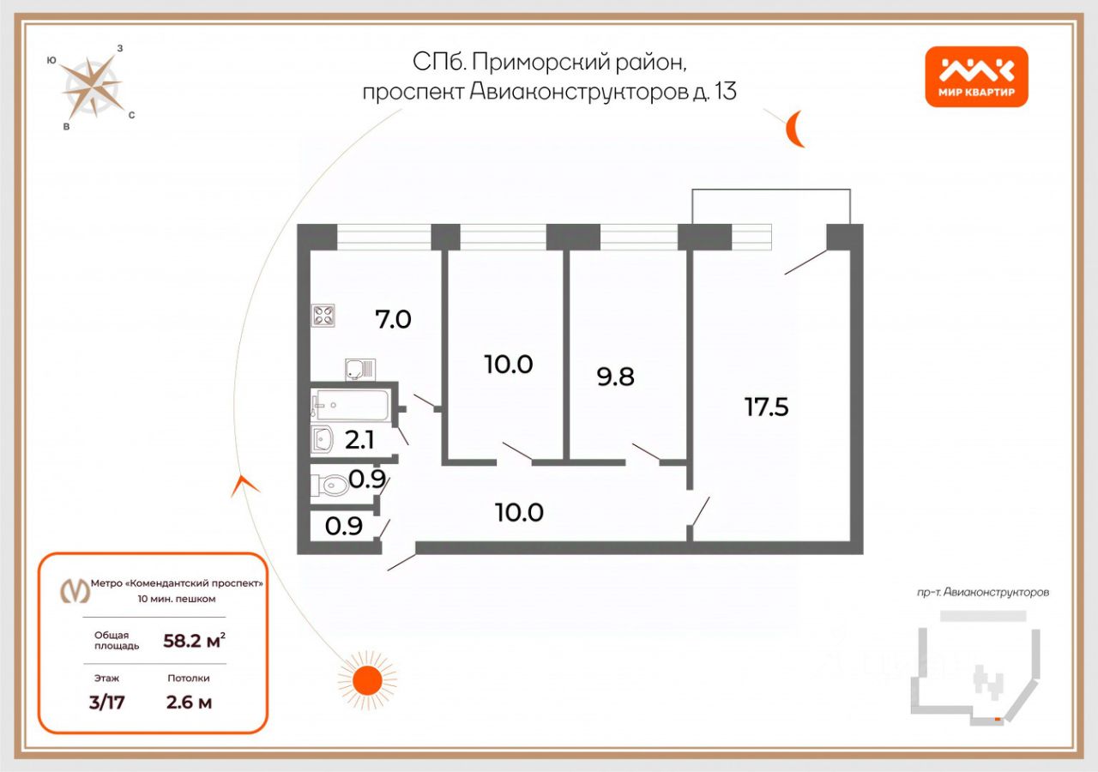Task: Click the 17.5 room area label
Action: [x=766, y=407]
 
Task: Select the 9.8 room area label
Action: [x=615, y=376]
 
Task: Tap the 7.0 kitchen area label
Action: [x=393, y=320]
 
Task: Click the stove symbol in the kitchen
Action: [x=323, y=316]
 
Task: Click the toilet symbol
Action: [x=332, y=486]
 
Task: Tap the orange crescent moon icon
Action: [x=795, y=130]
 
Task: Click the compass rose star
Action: [x=91, y=87]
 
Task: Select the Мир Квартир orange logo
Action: [x=976, y=76]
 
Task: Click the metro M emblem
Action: [x=75, y=590]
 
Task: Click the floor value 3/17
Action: [x=107, y=703]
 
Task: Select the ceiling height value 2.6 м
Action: [x=189, y=703]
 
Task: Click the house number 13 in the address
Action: [x=725, y=91]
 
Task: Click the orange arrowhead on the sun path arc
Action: [x=244, y=486]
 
